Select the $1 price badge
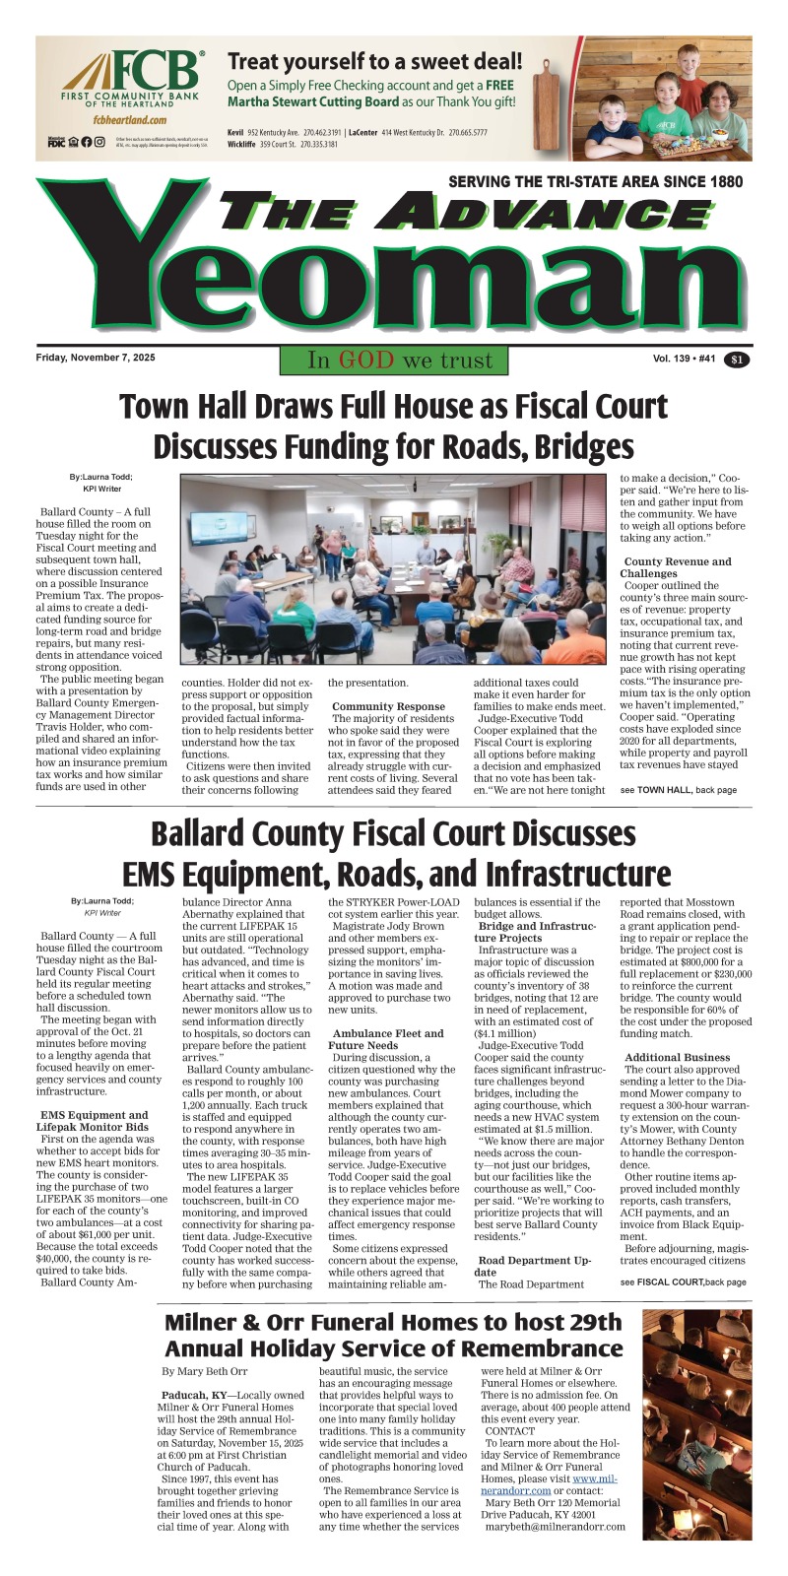tap(737, 361)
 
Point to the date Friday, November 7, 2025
tap(96, 359)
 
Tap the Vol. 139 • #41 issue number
tap(684, 360)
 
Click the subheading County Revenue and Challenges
tap(678, 567)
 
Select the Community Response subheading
tap(388, 706)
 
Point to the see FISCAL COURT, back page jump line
tap(684, 1282)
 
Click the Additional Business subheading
tap(678, 1057)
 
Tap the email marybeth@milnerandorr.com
tap(555, 1527)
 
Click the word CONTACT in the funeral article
tap(510, 1430)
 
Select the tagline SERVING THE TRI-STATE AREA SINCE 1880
tap(595, 182)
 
